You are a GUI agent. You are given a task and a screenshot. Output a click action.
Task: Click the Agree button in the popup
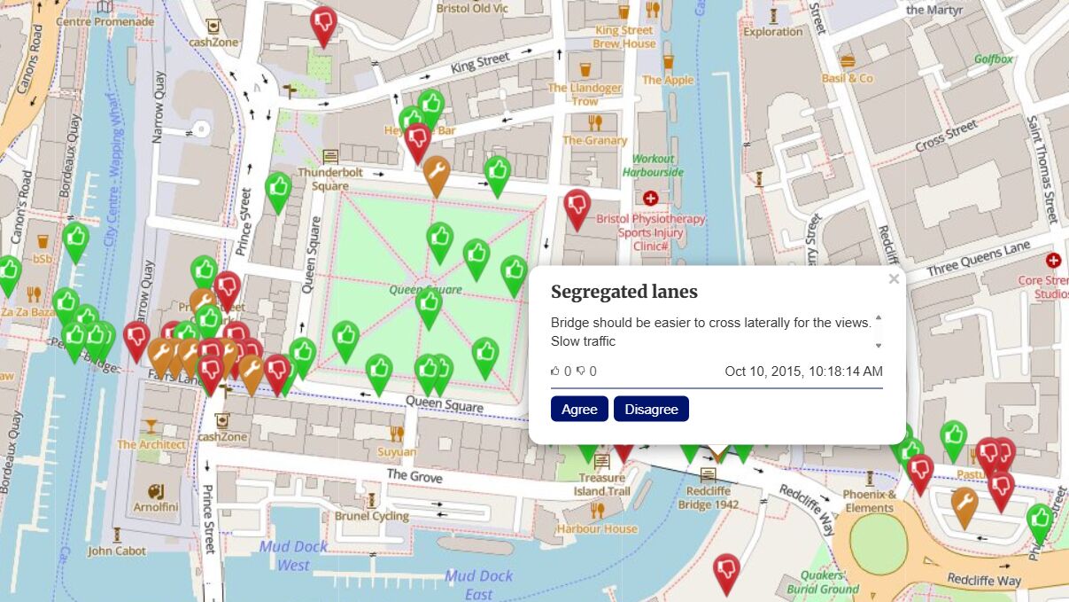[579, 409]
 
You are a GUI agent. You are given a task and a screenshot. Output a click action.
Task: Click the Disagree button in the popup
[651, 409]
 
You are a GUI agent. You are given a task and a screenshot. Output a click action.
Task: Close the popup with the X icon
[894, 279]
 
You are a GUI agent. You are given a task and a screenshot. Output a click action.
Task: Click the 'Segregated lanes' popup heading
[624, 292]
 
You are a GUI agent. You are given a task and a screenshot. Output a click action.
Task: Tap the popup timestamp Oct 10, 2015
[803, 371]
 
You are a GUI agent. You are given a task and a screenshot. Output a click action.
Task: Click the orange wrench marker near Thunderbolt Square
[436, 174]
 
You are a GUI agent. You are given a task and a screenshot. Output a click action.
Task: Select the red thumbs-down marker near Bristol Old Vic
[323, 24]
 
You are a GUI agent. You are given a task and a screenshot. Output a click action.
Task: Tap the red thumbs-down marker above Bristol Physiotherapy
[577, 207]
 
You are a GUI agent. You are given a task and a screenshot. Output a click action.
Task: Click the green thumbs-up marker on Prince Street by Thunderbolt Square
[278, 191]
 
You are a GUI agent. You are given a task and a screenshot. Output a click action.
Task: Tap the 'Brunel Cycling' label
[372, 516]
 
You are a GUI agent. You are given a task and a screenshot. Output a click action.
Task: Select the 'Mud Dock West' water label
[293, 556]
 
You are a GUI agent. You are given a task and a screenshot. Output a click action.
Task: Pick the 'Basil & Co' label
[848, 78]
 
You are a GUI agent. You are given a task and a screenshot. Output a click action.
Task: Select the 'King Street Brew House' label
[624, 36]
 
